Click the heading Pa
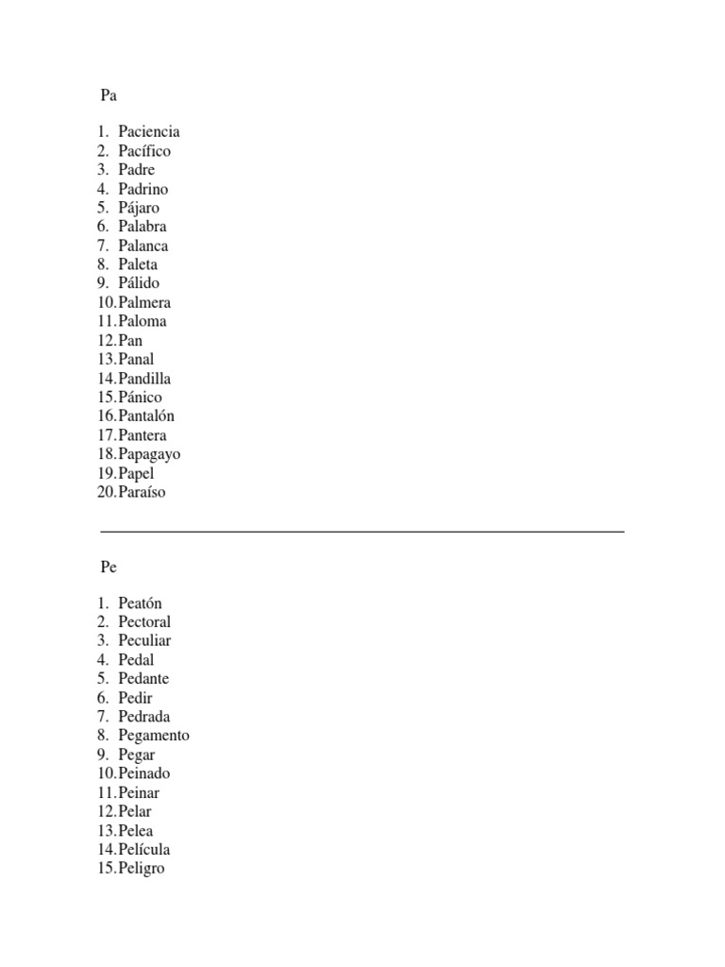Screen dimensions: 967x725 point(109,95)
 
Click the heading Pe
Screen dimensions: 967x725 point(109,567)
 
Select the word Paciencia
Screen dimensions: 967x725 point(149,132)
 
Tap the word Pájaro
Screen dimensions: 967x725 point(139,208)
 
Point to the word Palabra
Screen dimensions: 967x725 point(143,227)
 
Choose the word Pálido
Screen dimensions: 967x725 point(139,283)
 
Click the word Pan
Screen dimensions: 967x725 point(131,340)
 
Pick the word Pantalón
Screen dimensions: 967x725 point(146,416)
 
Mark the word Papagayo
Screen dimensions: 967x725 point(149,454)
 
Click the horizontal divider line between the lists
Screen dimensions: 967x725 point(362,532)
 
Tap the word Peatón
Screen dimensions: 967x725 point(141,603)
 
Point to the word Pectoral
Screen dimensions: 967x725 point(144,622)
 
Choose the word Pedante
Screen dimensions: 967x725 point(143,679)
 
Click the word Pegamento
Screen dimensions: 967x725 point(154,736)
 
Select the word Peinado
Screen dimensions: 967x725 point(144,773)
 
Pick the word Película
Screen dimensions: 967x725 point(144,849)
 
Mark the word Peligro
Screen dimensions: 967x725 point(142,868)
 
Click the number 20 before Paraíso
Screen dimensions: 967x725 point(105,492)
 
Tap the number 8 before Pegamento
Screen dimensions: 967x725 point(102,736)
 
